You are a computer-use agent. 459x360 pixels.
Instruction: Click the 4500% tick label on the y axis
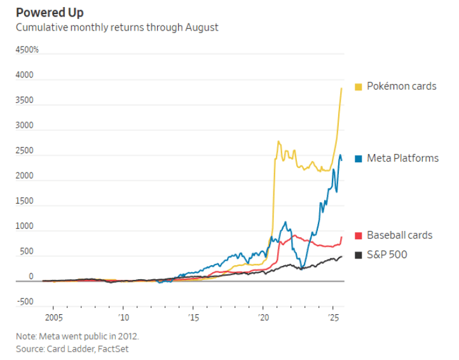click(x=27, y=50)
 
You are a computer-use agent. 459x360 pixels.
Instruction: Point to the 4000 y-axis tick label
click(x=25, y=76)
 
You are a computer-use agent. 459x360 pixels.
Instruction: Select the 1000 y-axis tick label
click(x=25, y=226)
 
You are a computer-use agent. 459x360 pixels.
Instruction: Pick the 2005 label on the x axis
click(x=53, y=317)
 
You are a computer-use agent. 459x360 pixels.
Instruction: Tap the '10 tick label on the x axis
click(x=123, y=317)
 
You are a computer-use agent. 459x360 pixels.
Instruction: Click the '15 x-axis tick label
click(x=193, y=317)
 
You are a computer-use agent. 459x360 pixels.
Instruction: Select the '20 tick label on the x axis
click(x=263, y=317)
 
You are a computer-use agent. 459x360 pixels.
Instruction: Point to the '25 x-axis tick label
click(x=332, y=317)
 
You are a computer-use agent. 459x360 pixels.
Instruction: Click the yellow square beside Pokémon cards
click(x=359, y=87)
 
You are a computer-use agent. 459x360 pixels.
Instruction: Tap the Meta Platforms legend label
click(x=402, y=158)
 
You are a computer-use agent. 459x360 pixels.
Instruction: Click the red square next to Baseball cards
click(x=359, y=235)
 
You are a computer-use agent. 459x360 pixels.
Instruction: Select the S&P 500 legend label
click(x=387, y=254)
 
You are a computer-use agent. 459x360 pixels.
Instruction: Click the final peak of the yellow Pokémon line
click(x=342, y=88)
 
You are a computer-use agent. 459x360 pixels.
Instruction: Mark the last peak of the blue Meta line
click(x=339, y=155)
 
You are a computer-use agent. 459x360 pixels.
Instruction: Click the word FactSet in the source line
click(x=121, y=348)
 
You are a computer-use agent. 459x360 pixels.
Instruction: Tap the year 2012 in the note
click(x=125, y=336)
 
